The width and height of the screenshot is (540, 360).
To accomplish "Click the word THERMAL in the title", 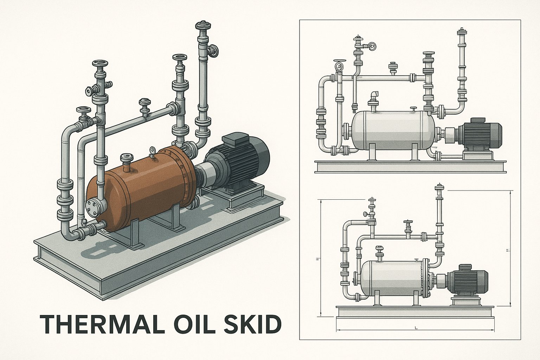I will [x=102, y=324].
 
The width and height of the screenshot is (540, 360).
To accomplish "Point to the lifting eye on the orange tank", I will [x=152, y=150].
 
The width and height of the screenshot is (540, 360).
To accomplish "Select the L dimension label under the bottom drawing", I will [x=416, y=328].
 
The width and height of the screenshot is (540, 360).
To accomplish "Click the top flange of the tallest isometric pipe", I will [x=204, y=25].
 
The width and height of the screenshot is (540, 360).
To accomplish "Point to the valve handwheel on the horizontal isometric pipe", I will [x=144, y=103].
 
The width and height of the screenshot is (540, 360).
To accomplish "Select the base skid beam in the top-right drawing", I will [x=411, y=167].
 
